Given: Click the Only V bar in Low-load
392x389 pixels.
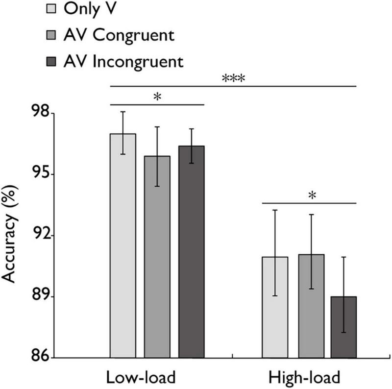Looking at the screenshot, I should [x=123, y=245].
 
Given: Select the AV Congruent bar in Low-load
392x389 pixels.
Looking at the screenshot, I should [x=157, y=257].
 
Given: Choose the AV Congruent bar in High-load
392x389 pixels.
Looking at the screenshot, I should [x=311, y=306].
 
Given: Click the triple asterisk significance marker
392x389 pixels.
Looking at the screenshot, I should [x=233, y=78].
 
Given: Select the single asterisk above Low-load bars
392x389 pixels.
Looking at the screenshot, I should [x=156, y=97].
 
